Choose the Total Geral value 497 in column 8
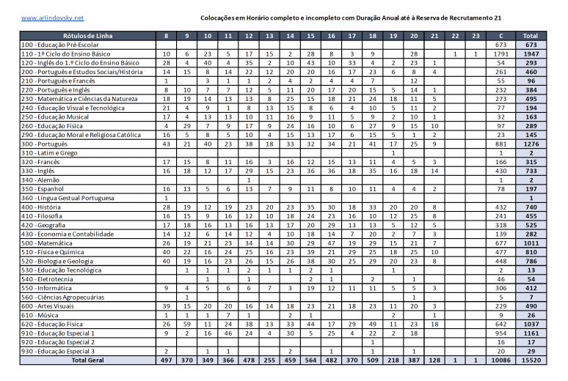166,360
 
